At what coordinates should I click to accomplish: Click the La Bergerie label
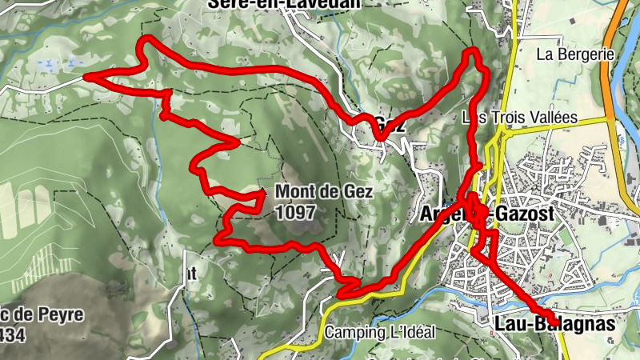coord(575,54)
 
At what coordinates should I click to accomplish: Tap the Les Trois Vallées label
coord(520,118)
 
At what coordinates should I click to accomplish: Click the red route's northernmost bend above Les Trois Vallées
coord(473,52)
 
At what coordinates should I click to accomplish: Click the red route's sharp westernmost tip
coord(86,77)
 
